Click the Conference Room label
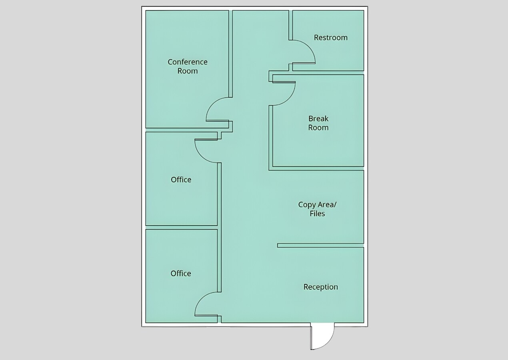point(188,66)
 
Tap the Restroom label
point(330,38)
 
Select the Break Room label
point(318,123)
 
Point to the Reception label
point(320,287)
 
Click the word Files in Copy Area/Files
point(317,214)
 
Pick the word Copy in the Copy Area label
point(306,204)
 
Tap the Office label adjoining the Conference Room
point(181,180)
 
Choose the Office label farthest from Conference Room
point(180,273)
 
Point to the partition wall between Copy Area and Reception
point(320,245)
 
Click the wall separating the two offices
point(181,227)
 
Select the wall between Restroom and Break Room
point(328,72)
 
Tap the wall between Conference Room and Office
point(181,130)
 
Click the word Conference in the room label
point(188,62)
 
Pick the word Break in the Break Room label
point(318,119)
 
